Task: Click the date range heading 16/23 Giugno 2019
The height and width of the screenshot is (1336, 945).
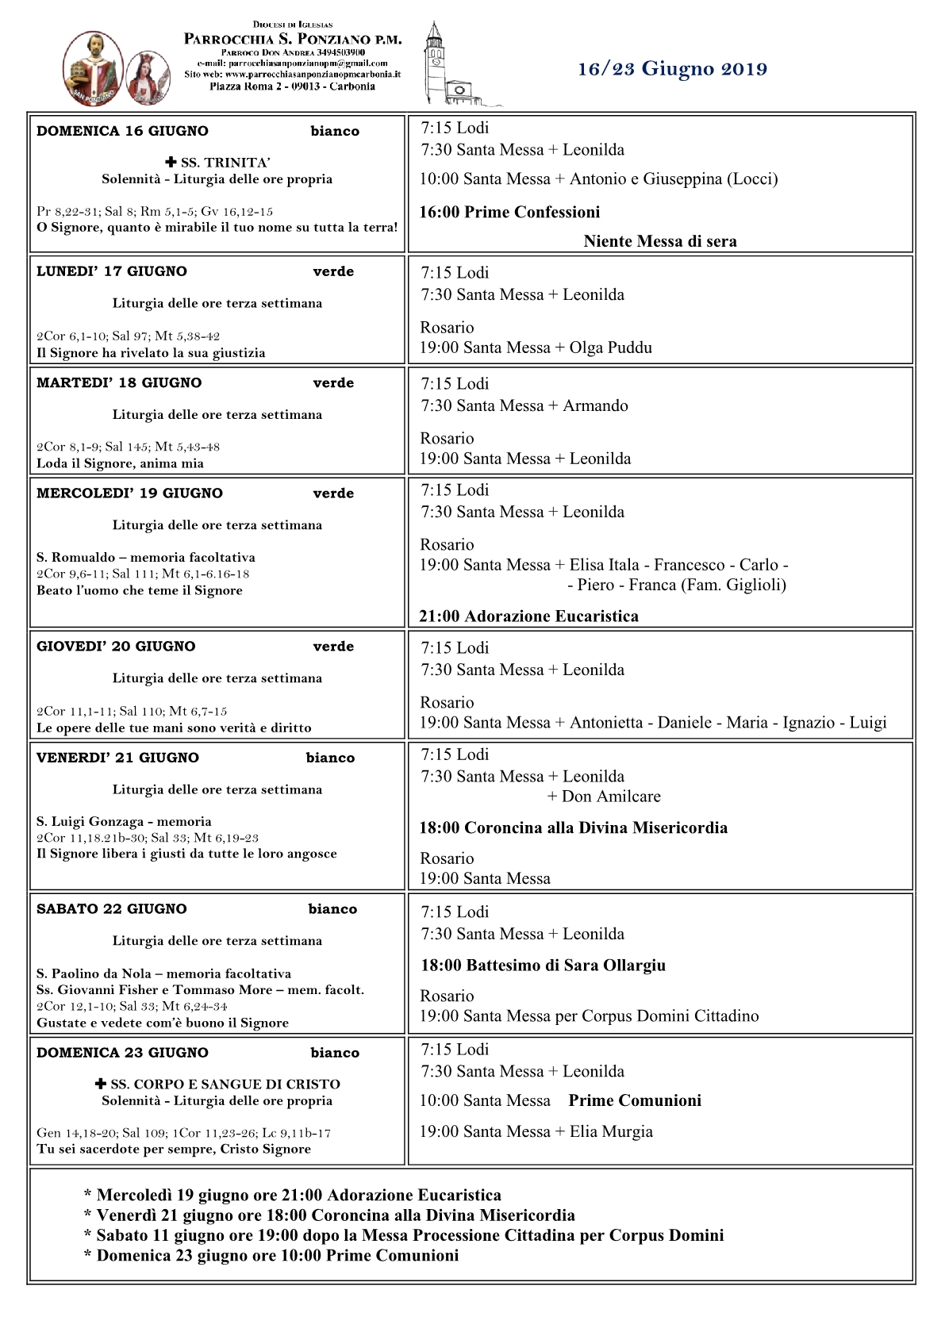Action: point(672,69)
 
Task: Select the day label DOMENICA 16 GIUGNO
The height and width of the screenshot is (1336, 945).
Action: point(122,132)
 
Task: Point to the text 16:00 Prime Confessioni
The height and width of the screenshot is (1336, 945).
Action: point(509,213)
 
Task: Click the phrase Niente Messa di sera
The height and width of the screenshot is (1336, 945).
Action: point(659,242)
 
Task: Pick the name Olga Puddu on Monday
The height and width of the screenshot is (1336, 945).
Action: point(611,348)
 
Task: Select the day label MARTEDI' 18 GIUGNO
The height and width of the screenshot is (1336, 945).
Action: point(119,383)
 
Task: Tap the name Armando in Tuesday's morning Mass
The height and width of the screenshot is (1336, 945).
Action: point(595,406)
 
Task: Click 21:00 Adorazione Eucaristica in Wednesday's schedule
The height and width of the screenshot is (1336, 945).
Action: point(528,616)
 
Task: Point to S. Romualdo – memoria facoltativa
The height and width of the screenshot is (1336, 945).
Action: point(146,558)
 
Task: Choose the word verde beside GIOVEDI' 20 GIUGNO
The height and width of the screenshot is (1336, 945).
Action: point(333,647)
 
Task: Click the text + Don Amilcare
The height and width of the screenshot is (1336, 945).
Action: point(604,797)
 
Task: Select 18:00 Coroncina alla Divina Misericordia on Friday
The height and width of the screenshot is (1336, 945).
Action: point(573,828)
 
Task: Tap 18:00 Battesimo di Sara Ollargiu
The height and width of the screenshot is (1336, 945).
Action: point(543,966)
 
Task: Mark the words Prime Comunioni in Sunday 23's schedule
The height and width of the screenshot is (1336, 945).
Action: point(635,1101)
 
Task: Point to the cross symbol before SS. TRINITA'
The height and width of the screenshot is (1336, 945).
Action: point(171,163)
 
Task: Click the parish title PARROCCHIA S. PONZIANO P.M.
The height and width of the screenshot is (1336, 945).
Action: point(293,39)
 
